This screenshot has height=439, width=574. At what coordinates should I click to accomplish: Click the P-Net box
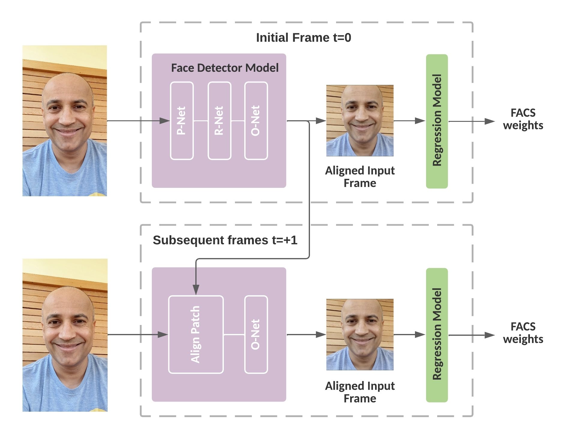point(182,121)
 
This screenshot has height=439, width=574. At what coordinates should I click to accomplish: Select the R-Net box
point(219,121)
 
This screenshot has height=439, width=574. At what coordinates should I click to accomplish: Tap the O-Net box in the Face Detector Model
point(256,121)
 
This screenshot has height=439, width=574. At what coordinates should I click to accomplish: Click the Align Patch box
point(196,335)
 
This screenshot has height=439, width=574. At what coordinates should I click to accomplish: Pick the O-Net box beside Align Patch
point(256,335)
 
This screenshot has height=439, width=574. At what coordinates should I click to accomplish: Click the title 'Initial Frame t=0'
point(303,38)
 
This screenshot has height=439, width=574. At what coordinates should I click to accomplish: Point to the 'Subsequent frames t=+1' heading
point(225,240)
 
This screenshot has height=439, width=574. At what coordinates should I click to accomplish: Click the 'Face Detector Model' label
point(225,68)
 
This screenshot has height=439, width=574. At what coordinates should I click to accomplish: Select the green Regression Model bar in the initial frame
point(437,121)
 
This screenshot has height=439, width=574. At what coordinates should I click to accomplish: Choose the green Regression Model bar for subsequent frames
point(437,335)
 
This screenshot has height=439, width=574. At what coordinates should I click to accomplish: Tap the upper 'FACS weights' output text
point(523,119)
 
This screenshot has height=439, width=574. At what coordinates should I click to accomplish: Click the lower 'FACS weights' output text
point(523,333)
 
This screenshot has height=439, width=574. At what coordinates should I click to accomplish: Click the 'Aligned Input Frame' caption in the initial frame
point(360,177)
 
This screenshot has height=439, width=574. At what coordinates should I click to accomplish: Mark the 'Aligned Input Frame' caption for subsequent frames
point(360,392)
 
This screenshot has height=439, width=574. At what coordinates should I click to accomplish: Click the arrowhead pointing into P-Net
point(165,121)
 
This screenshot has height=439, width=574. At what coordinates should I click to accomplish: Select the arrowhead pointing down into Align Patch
point(196,290)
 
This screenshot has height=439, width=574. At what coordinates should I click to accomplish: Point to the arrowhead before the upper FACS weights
point(490,121)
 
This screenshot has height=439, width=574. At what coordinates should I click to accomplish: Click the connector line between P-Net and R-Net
point(201,121)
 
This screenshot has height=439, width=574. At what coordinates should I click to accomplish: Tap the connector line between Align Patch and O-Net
point(234,334)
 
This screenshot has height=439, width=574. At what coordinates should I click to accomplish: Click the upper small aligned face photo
point(360,121)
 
